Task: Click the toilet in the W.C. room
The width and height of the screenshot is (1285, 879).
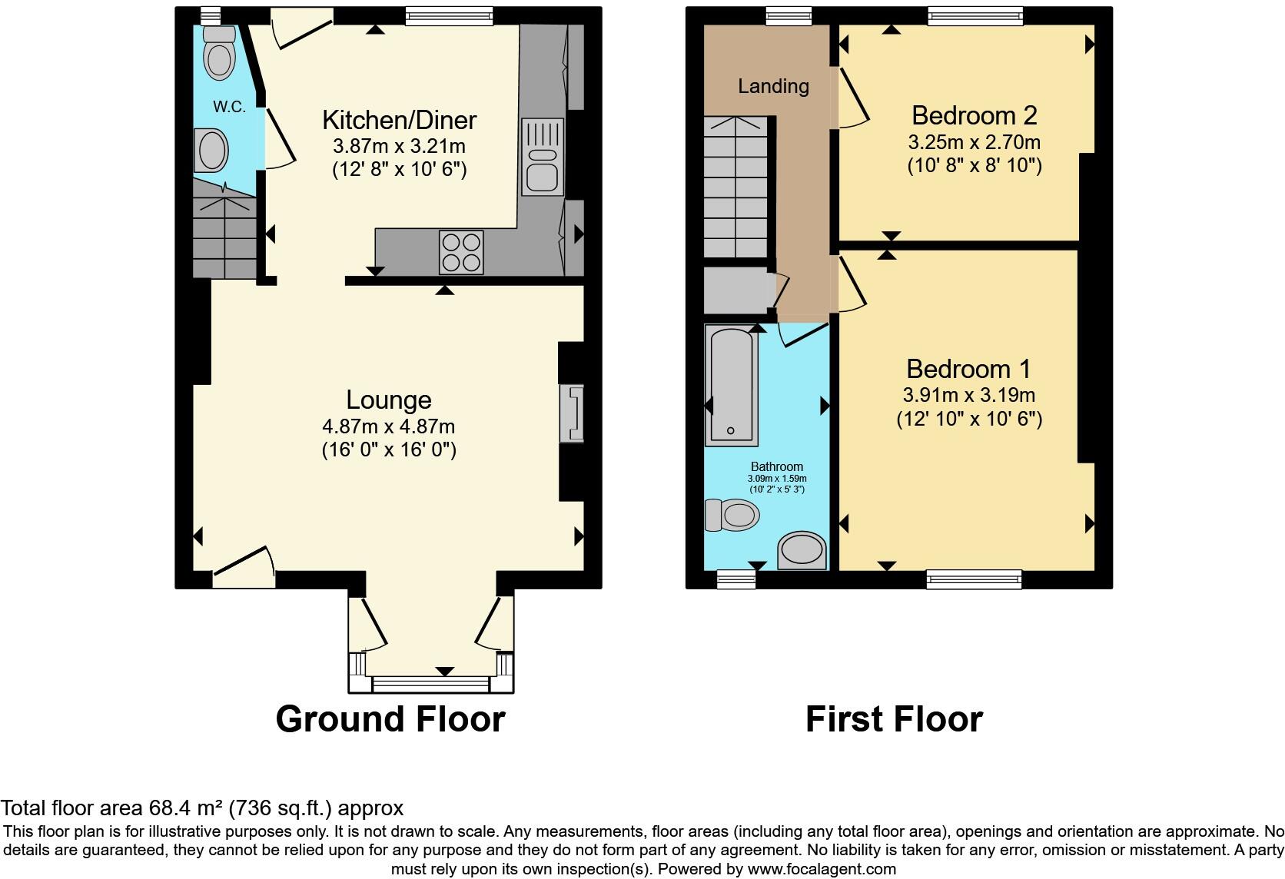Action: tap(219, 54)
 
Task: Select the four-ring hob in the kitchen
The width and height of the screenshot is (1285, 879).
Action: tap(461, 252)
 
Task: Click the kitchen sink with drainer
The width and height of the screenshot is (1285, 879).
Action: tap(543, 157)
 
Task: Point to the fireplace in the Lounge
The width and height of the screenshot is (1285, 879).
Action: tap(572, 414)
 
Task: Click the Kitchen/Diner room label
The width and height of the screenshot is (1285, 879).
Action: tap(399, 120)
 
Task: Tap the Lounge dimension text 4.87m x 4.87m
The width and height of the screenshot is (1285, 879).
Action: tap(388, 426)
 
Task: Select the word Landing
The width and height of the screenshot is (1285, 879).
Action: tap(773, 86)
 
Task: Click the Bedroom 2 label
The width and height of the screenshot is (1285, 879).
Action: tap(974, 115)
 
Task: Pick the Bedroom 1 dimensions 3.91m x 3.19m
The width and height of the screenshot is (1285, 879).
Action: tap(968, 396)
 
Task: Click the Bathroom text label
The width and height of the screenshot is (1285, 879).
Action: tap(776, 466)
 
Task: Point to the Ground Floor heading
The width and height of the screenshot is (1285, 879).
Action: tap(390, 719)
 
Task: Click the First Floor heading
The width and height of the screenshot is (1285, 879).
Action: tap(894, 719)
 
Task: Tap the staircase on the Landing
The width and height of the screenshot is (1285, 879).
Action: tap(736, 188)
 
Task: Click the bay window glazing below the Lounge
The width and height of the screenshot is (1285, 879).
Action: tap(430, 683)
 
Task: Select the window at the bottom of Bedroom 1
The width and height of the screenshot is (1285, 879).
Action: tap(974, 579)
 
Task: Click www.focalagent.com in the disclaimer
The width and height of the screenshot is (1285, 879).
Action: tap(821, 869)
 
